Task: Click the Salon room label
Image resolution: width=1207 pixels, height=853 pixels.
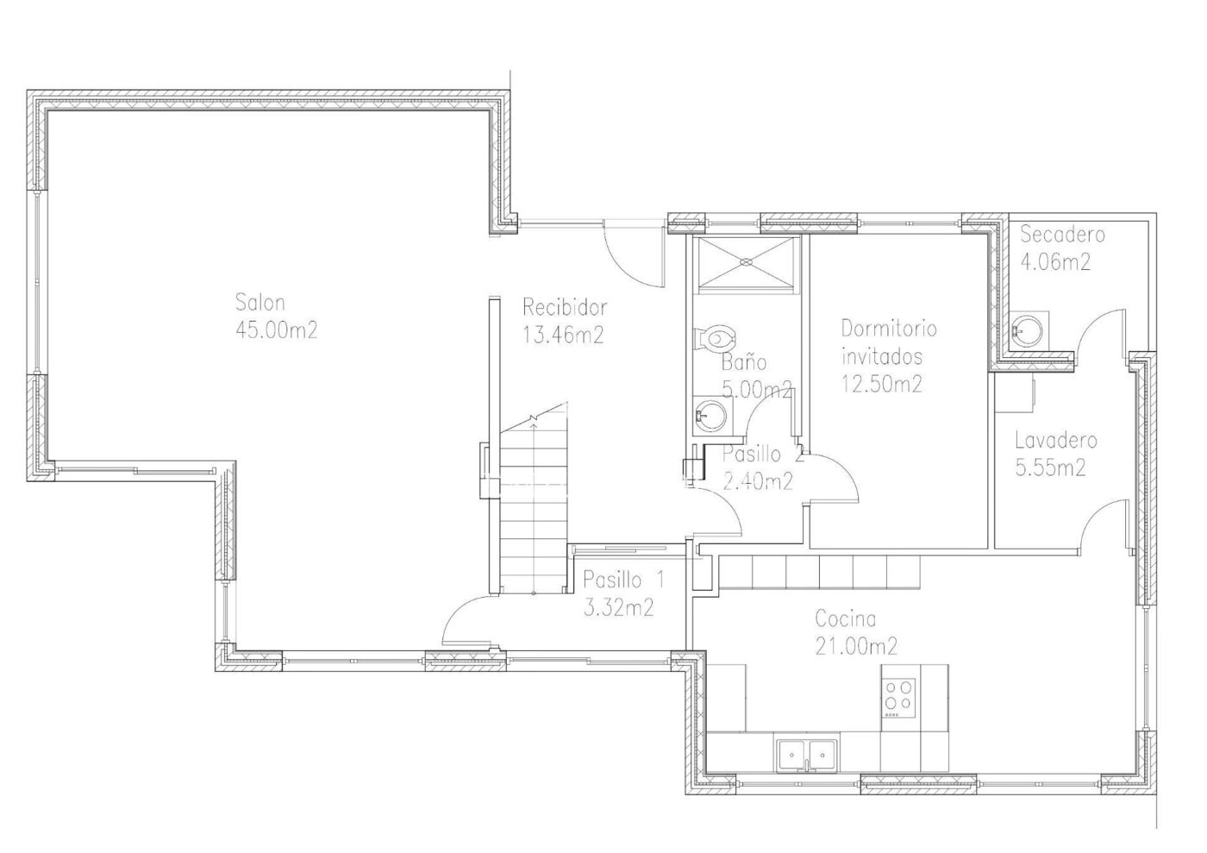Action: pos(260,303)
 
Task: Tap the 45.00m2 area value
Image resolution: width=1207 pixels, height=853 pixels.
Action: pos(277,330)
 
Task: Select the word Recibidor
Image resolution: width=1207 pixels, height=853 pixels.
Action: pos(565,307)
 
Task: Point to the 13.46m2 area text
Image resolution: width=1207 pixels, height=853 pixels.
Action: pos(563,336)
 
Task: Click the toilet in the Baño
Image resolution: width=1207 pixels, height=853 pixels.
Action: pos(715,339)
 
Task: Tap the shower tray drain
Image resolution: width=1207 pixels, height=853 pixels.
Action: pos(746,262)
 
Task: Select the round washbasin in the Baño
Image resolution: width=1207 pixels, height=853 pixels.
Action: pos(710,416)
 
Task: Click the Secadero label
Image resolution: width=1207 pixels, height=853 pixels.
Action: pos(1062,235)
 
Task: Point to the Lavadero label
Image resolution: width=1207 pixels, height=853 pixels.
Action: pos(1055,441)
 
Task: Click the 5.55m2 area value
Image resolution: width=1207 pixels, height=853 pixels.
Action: pos(1050,467)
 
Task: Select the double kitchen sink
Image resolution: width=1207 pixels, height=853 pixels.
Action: pos(807,755)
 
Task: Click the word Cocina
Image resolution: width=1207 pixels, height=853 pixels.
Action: pos(845,619)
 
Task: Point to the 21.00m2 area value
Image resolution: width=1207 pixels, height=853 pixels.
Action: pos(856,646)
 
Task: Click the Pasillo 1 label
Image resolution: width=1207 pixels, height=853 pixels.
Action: pos(623,580)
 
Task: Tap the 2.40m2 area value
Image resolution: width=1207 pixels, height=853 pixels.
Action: pos(757,481)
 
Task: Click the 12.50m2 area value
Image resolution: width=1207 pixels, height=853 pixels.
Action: pos(881,384)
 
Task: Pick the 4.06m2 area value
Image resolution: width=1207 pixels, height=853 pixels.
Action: pos(1055,262)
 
